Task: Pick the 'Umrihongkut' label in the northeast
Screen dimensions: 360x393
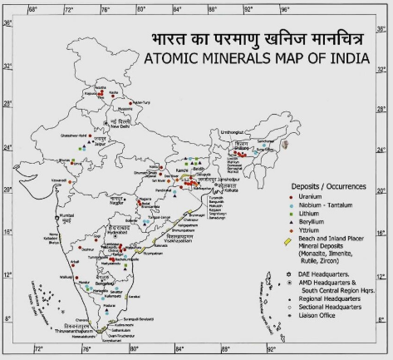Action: point(237,132)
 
